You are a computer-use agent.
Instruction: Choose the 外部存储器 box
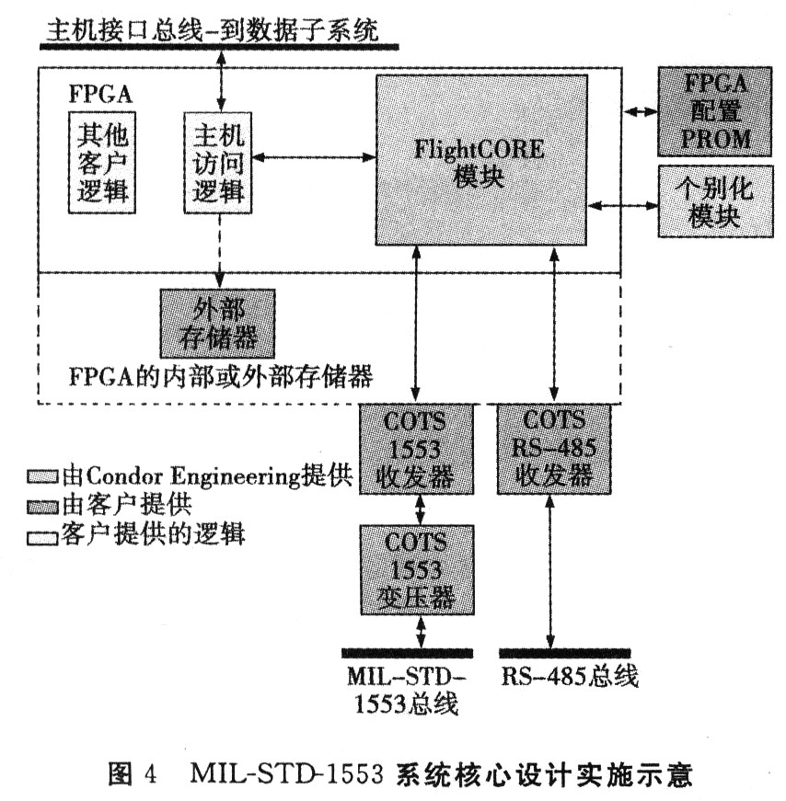click(x=218, y=324)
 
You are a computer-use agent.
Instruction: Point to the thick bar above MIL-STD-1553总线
click(x=406, y=653)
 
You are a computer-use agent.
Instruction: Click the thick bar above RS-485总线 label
click(x=565, y=653)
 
